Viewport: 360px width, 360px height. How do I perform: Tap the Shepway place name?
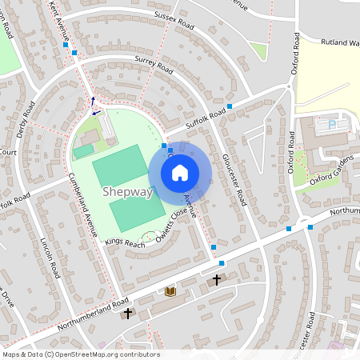click(126, 191)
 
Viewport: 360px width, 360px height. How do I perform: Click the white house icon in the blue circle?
click(180, 173)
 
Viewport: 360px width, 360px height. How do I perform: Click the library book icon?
click(170, 292)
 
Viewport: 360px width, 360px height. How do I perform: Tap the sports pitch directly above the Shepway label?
click(119, 164)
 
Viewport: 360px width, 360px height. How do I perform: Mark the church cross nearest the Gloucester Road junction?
click(217, 280)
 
